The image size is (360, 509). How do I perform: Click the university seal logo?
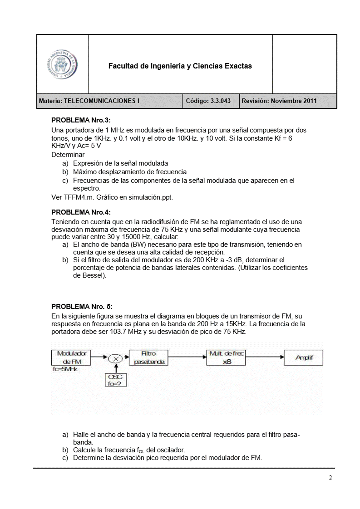63,64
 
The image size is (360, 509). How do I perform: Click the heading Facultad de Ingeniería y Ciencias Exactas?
180,66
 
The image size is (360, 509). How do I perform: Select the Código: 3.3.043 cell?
211,101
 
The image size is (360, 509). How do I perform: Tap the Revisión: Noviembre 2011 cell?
279,101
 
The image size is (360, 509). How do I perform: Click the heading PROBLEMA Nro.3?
81,121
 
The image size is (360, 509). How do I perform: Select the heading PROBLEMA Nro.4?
81,212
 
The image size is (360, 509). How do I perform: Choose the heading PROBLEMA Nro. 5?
82,307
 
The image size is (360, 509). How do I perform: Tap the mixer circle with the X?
116,358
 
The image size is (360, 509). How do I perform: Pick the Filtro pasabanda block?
148,357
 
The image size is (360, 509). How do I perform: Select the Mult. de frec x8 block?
226,357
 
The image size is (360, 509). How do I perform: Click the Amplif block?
304,358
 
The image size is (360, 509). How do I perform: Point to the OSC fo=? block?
116,380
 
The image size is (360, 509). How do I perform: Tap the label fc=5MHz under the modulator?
65,369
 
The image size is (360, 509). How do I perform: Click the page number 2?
330,478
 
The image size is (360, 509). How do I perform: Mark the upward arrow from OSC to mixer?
116,369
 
